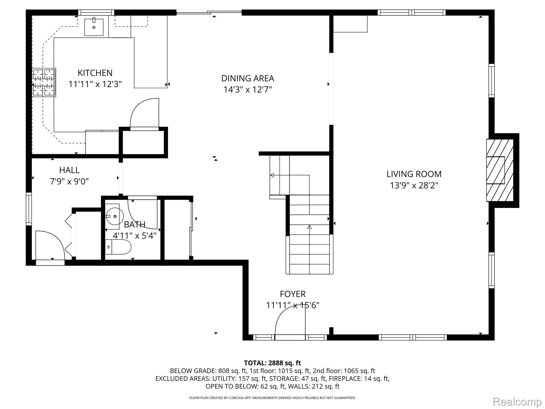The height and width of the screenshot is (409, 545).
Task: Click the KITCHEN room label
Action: click(95, 73)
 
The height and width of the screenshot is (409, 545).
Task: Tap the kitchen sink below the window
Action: click(94, 27)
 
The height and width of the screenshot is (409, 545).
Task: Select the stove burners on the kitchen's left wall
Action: click(44, 83)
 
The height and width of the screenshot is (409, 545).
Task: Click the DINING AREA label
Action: click(247, 78)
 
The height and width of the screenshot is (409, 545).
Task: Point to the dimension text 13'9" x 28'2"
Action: click(414, 185)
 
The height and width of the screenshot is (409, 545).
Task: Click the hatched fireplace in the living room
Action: click(500, 170)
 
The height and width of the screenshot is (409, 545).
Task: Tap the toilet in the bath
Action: click(119, 247)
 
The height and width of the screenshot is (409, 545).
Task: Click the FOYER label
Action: click(292, 294)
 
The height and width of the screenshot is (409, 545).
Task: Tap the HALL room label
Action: click(69, 170)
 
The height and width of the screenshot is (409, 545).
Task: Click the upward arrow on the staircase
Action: click(309, 227)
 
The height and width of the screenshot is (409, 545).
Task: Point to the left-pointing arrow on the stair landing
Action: click(272, 175)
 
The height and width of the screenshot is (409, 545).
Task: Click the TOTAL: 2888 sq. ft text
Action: click(272, 363)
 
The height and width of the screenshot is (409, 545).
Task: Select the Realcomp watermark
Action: click(517, 402)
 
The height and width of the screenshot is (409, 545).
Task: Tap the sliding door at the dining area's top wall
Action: click(209, 12)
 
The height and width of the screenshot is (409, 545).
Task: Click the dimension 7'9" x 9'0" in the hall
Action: click(69, 182)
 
